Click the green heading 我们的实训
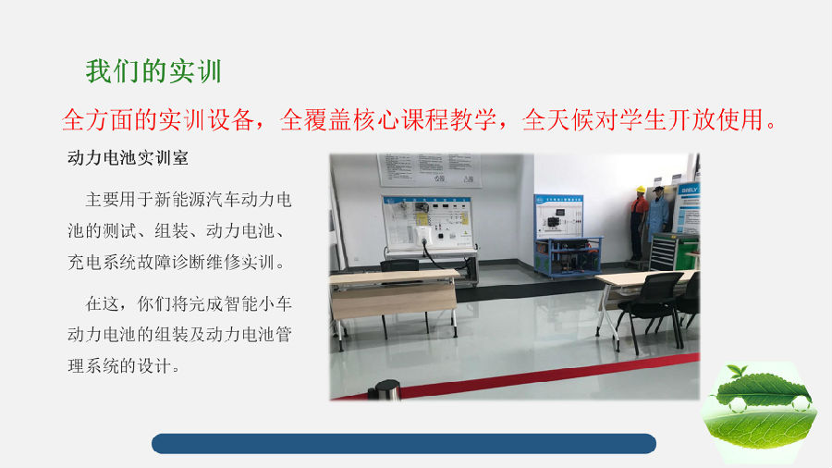click(153, 71)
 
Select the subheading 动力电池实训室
click(128, 158)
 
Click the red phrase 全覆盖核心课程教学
click(388, 119)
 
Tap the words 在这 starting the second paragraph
click(103, 304)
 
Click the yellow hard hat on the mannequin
click(641, 190)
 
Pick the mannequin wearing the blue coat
click(658, 214)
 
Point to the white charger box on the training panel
click(424, 235)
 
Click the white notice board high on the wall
click(429, 170)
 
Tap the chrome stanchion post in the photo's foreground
click(384, 390)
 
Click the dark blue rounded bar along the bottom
click(404, 444)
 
